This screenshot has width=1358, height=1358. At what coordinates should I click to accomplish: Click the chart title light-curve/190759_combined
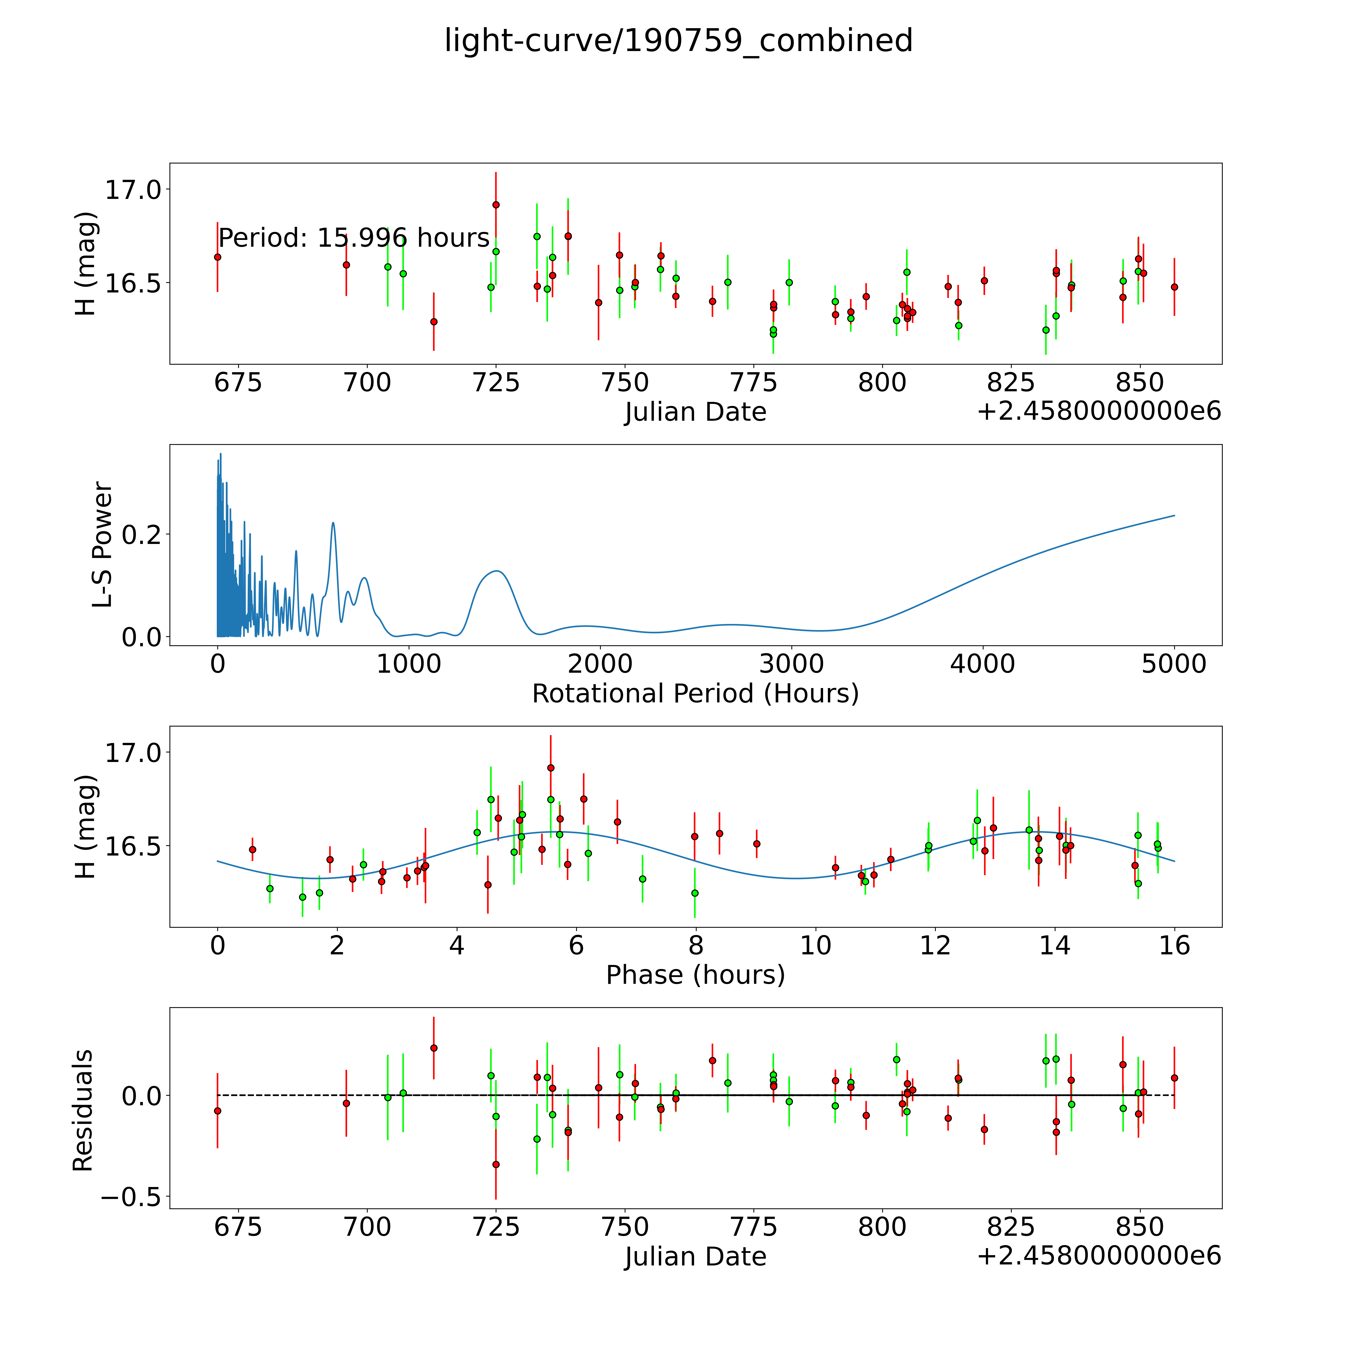click(678, 41)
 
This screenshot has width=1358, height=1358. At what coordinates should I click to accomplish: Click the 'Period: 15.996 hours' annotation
click(354, 238)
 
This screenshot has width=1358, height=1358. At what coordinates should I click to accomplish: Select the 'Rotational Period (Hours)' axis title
click(695, 694)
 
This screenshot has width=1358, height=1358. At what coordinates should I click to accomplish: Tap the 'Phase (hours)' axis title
click(695, 975)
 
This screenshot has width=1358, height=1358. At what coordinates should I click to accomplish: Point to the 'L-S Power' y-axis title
click(103, 545)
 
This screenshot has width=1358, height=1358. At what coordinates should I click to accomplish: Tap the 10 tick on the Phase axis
click(815, 945)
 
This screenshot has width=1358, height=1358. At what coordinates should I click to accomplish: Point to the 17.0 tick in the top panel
click(134, 190)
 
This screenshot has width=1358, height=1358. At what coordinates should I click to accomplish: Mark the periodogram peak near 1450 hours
click(497, 571)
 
